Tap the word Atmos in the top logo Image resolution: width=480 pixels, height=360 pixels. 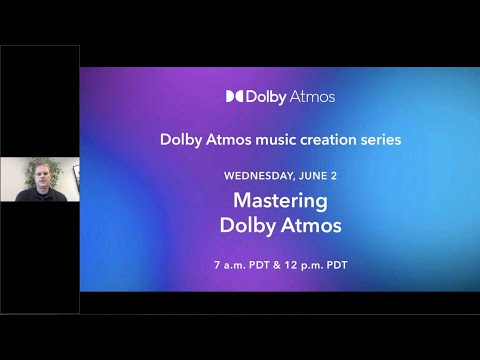click(x=312, y=97)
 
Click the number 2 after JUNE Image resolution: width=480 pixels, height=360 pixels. click(x=334, y=175)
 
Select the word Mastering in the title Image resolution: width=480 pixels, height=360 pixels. click(x=280, y=200)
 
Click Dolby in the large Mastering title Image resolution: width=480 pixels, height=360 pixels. click(x=246, y=226)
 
